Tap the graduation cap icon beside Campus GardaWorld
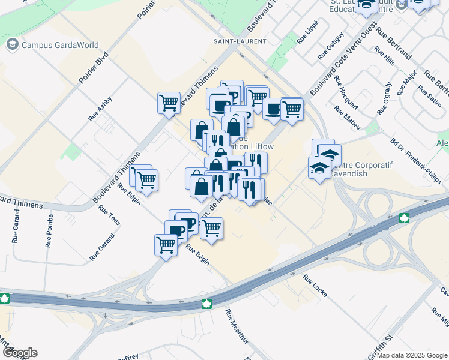click(x=12, y=45)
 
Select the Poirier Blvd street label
click(x=94, y=66)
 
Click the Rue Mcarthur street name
click(x=236, y=327)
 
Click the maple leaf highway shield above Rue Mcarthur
click(x=207, y=304)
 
